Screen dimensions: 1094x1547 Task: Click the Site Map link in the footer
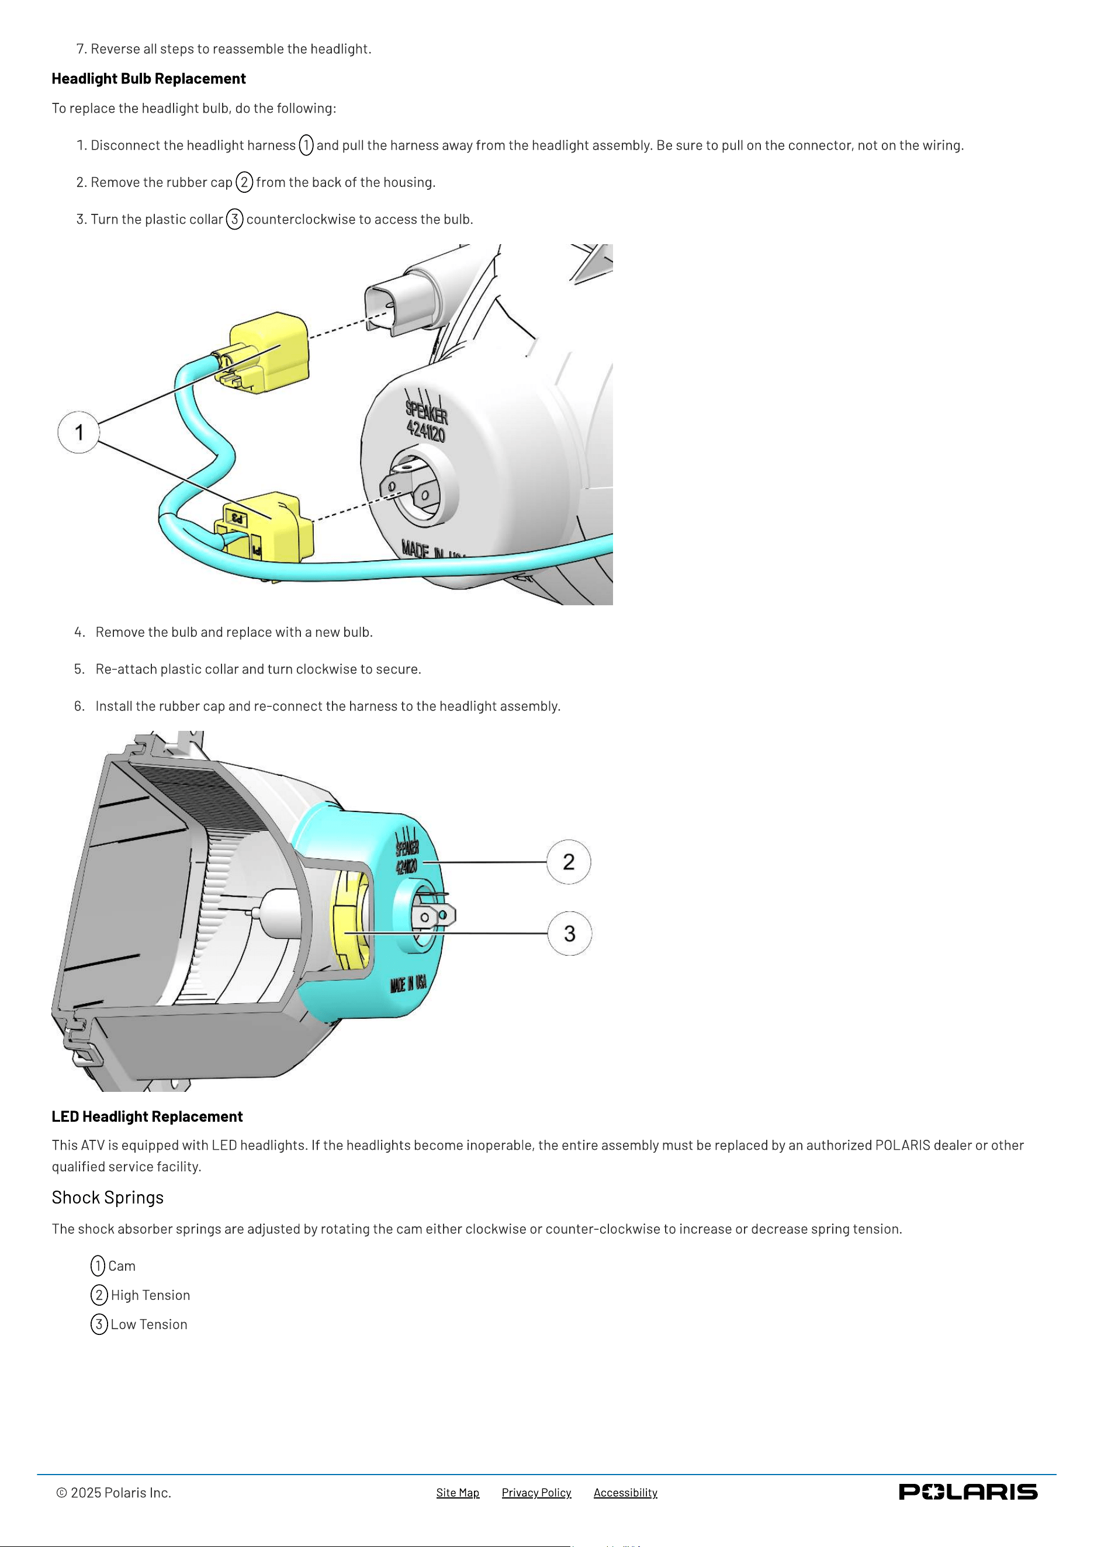458,1493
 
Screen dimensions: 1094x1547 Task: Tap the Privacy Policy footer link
536,1493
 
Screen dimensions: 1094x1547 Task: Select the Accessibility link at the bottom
625,1493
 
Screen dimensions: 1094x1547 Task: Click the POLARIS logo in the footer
968,1491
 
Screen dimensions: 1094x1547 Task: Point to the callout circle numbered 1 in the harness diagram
79,432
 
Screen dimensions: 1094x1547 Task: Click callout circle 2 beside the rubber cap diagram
569,862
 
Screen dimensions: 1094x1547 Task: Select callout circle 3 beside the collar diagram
570,933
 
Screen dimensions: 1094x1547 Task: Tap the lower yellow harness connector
266,529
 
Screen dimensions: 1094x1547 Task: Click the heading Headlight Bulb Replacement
149,79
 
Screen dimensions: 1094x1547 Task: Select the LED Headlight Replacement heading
147,1116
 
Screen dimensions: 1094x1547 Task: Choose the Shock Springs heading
108,1197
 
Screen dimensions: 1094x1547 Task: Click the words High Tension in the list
150,1295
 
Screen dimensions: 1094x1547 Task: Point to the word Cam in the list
122,1266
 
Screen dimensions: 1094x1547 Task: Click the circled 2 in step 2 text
245,182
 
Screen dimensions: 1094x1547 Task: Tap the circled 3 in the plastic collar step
234,219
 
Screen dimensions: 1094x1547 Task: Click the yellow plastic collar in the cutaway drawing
351,920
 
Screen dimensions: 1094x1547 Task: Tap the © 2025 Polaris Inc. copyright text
114,1493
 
